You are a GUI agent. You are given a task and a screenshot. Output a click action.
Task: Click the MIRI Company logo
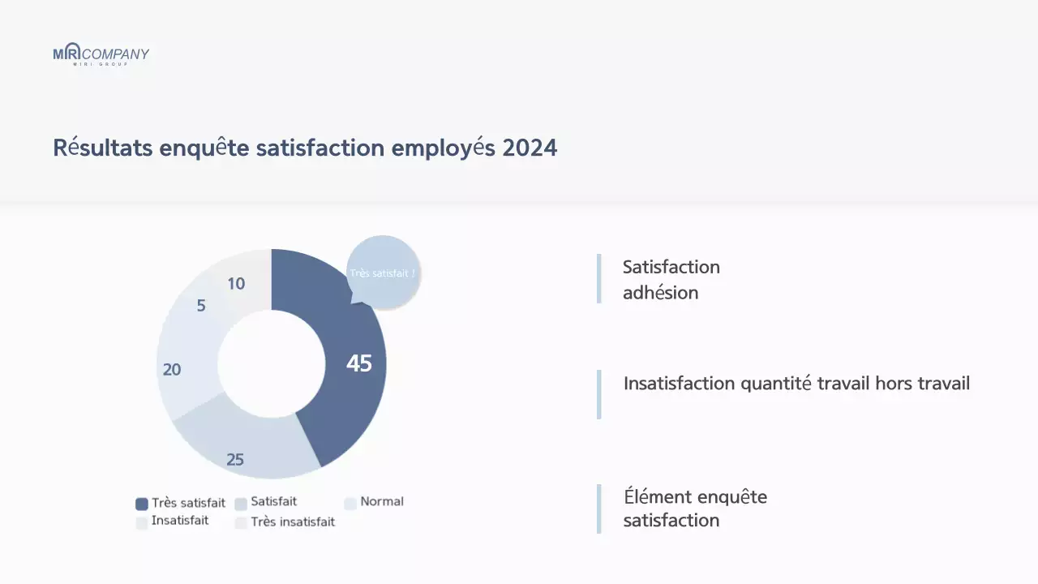click(101, 54)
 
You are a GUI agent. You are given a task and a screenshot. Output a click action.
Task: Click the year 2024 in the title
click(530, 148)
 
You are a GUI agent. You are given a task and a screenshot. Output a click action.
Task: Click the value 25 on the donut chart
click(235, 460)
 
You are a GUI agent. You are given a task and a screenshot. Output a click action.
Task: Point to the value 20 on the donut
click(172, 370)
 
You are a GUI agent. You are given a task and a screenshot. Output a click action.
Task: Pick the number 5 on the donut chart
click(201, 306)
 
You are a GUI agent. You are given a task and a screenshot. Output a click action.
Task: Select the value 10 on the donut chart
click(236, 284)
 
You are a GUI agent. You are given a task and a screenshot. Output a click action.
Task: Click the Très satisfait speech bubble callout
click(383, 273)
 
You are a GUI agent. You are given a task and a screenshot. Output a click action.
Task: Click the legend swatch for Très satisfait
click(142, 504)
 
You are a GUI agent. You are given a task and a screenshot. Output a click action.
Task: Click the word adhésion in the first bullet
click(660, 293)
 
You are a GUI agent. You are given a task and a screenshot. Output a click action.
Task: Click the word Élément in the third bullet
click(658, 496)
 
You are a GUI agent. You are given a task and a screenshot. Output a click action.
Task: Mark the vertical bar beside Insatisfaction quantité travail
click(598, 394)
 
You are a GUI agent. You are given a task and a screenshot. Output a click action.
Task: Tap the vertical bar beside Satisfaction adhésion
click(598, 278)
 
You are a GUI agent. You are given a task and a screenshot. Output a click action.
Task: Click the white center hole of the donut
click(271, 364)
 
